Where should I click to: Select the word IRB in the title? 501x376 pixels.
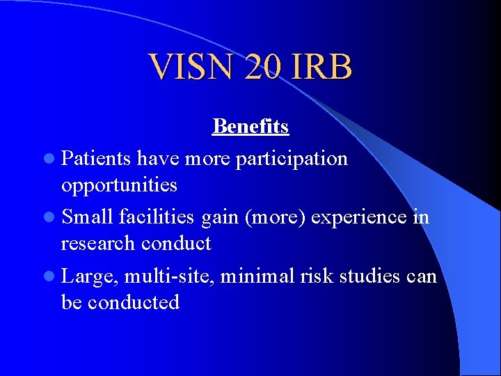click(x=324, y=68)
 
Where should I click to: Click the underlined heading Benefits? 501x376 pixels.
click(x=250, y=126)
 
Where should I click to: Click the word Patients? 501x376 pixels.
click(x=97, y=159)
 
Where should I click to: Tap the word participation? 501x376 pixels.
click(x=292, y=159)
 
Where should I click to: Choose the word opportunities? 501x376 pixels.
click(x=119, y=185)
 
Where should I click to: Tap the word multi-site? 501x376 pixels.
click(x=170, y=277)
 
